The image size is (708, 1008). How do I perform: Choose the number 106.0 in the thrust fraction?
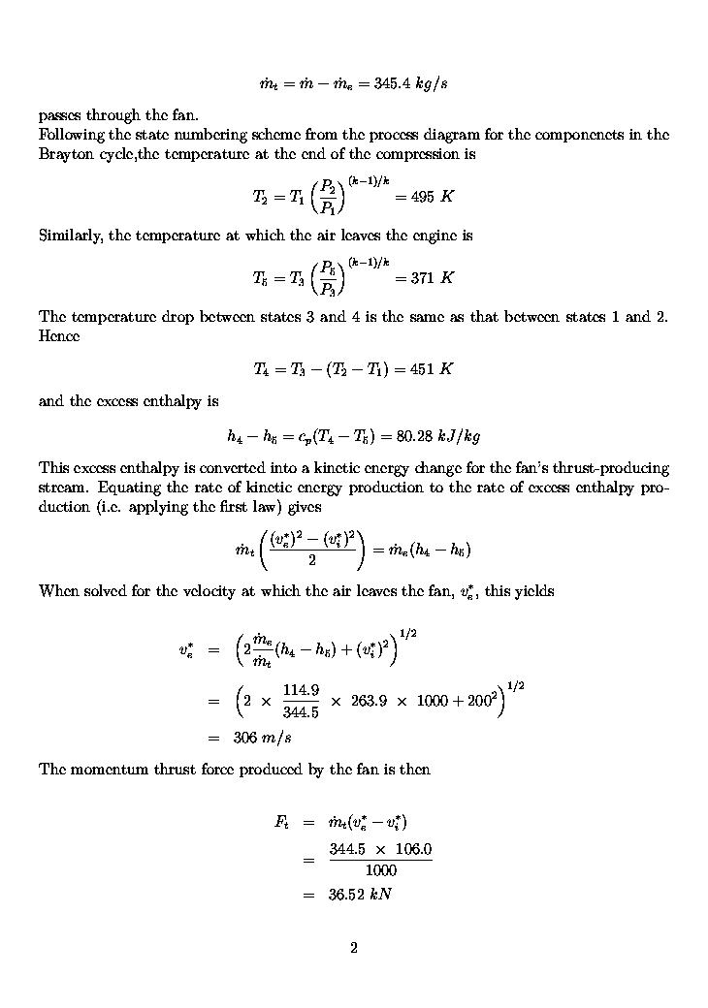pos(412,851)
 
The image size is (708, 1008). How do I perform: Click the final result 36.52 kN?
pos(360,895)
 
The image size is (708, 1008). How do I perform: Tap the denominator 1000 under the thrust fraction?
pos(380,870)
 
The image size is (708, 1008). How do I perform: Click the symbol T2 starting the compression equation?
pos(261,197)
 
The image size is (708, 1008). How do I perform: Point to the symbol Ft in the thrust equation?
pos(281,823)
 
